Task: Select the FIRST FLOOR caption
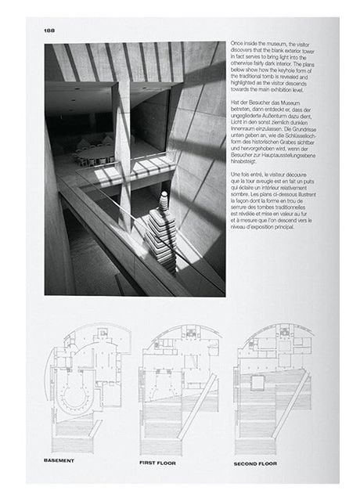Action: (158, 463)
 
